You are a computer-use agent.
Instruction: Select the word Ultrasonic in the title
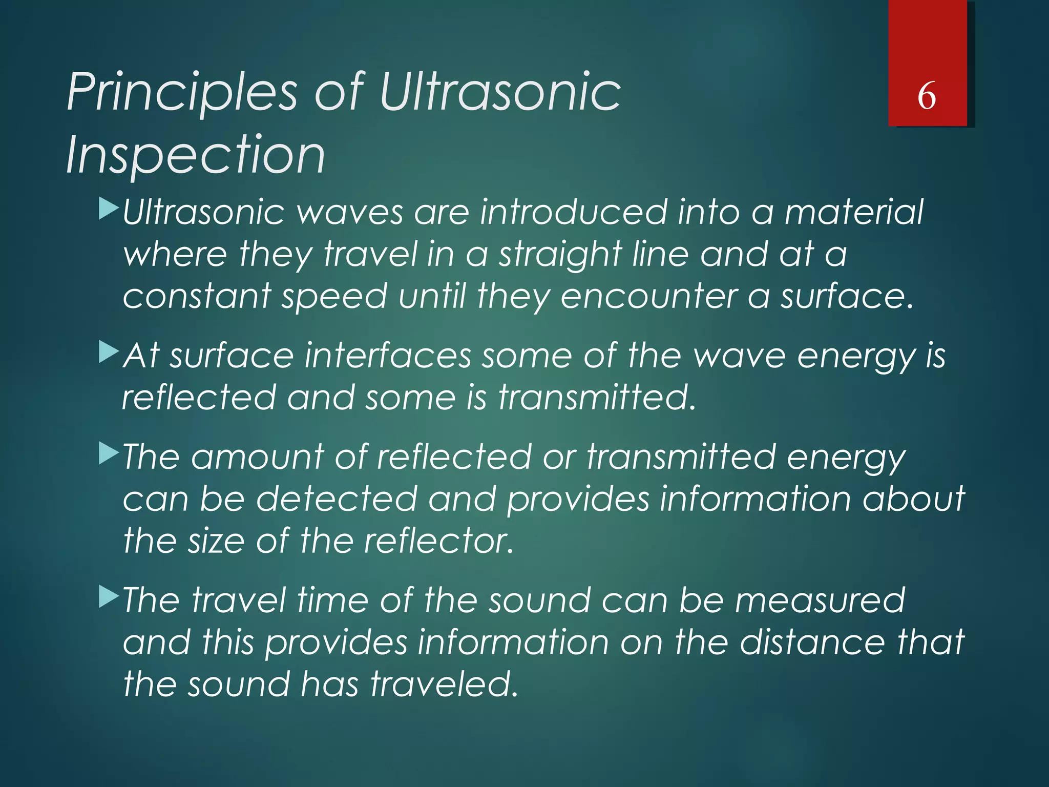point(499,92)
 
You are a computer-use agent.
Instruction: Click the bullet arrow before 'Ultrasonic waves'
point(109,210)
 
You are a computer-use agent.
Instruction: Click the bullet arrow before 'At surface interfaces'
point(109,353)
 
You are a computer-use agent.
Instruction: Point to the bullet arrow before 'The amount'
point(109,454)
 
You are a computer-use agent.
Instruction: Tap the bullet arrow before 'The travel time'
point(109,597)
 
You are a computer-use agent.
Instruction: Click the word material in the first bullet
point(854,212)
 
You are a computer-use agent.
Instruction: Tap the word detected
point(337,499)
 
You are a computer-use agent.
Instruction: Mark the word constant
point(197,297)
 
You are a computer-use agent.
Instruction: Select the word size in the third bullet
point(216,541)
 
